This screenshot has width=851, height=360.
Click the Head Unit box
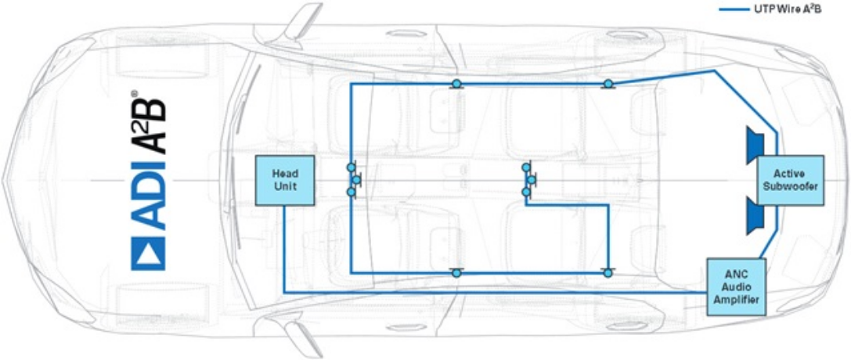coord(285,181)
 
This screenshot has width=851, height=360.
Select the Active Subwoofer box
coord(790,180)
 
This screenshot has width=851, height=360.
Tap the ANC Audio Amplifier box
coord(737,286)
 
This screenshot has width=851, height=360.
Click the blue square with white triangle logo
coord(148,254)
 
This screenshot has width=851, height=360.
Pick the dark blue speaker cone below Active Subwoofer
coord(755,215)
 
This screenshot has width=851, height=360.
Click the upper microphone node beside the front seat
coord(457,84)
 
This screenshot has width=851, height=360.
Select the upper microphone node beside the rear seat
coord(608,84)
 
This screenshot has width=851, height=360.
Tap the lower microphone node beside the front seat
coord(457,272)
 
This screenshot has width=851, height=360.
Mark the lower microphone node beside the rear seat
coord(608,272)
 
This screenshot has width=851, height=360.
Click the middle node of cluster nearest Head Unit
coord(356,179)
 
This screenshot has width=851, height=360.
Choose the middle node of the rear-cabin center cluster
coord(532,179)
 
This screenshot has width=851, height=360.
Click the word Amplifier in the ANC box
coord(737,299)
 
